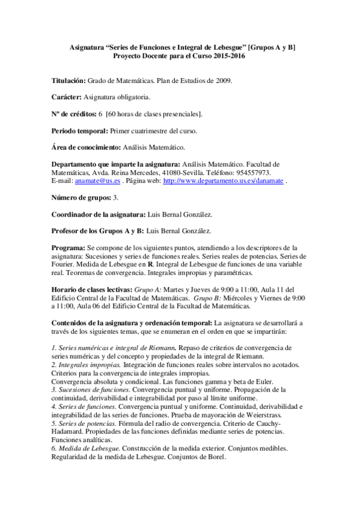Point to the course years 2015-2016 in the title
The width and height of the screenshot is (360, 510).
tap(225, 55)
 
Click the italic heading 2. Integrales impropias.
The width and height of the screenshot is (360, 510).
tap(89, 364)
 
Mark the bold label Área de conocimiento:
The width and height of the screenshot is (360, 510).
tap(86, 147)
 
